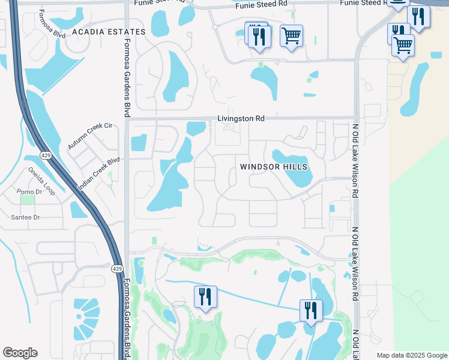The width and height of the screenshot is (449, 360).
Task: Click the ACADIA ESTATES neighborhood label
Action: (x=108, y=31)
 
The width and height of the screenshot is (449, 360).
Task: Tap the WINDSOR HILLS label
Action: (x=274, y=167)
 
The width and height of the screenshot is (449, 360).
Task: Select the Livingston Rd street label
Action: (x=241, y=119)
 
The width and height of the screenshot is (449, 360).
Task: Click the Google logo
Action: (x=20, y=353)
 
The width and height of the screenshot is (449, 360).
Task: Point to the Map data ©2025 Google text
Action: (x=411, y=355)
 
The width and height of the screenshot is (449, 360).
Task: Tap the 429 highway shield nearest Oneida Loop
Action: (x=46, y=156)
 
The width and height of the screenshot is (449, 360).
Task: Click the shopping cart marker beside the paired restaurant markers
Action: (x=291, y=35)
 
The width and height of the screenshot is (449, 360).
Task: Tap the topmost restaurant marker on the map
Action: (x=418, y=15)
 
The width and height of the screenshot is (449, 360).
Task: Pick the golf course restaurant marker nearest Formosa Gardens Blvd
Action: (x=205, y=296)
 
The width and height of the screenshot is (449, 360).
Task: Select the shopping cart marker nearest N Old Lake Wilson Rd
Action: (x=403, y=44)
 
